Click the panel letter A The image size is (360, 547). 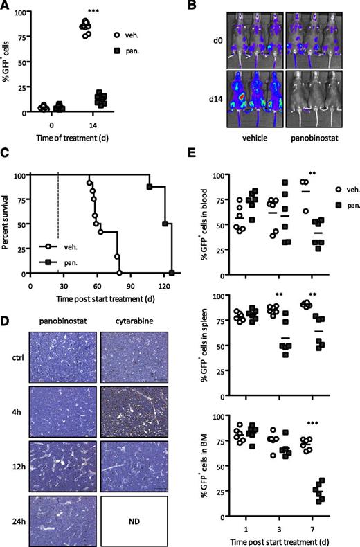[x=6, y=6]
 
